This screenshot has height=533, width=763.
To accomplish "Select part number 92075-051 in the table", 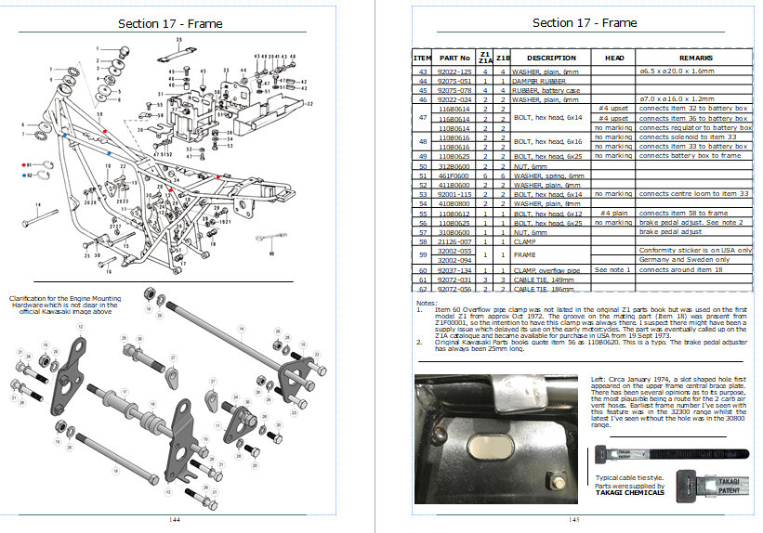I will (448, 81).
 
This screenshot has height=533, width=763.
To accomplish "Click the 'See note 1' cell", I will (613, 269).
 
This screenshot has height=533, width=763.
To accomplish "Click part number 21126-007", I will (448, 240).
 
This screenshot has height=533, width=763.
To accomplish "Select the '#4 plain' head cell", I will (613, 213).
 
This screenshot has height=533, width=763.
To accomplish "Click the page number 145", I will (573, 520).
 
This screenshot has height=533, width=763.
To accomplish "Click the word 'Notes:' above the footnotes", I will (426, 303).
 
